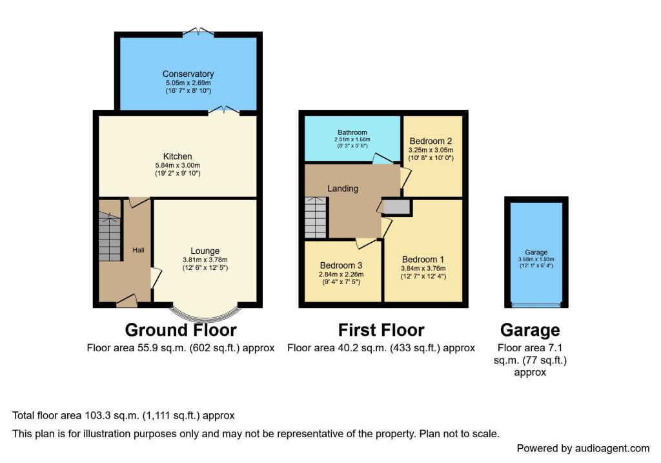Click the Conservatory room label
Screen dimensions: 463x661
188,74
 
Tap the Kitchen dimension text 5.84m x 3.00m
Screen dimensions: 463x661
178,165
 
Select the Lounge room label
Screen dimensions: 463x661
205,251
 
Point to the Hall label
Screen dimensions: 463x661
139,250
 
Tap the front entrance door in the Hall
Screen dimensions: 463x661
127,300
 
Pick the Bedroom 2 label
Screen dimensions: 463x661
431,141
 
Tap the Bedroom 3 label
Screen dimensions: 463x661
341,265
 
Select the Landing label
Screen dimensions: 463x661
343,189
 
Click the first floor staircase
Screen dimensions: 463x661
316,218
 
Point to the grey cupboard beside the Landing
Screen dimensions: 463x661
397,207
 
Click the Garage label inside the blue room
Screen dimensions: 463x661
536,252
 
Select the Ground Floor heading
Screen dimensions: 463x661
181,330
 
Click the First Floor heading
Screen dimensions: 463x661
381,330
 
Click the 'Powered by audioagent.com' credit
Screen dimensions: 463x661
583,448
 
